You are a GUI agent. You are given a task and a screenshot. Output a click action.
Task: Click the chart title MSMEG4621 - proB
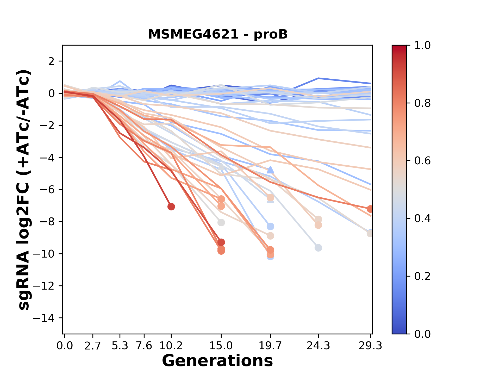(x=218, y=34)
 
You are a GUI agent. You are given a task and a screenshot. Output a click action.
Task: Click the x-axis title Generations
(x=217, y=361)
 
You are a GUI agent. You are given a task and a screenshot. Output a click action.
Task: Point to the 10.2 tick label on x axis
(x=171, y=346)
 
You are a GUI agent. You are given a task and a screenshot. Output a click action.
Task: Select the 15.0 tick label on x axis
(x=221, y=346)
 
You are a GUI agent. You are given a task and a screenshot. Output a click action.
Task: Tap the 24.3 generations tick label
(x=318, y=346)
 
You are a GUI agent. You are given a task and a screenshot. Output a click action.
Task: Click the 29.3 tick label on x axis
(x=370, y=346)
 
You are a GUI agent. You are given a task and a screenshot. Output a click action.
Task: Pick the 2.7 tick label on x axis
(x=93, y=346)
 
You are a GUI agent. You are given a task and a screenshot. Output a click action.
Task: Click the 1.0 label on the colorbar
(x=422, y=46)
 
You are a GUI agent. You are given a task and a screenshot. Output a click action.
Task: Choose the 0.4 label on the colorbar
(x=422, y=218)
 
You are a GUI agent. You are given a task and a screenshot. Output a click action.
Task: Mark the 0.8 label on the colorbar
(x=422, y=103)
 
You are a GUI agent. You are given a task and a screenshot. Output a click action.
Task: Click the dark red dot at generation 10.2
(x=171, y=207)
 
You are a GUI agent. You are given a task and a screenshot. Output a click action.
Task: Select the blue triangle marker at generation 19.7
(x=271, y=170)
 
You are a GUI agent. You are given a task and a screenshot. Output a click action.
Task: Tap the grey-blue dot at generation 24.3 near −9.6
(x=318, y=248)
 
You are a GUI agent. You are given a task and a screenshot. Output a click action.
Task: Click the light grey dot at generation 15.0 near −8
(x=221, y=223)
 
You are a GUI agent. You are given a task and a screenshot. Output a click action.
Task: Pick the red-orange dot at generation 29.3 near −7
(x=370, y=209)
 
